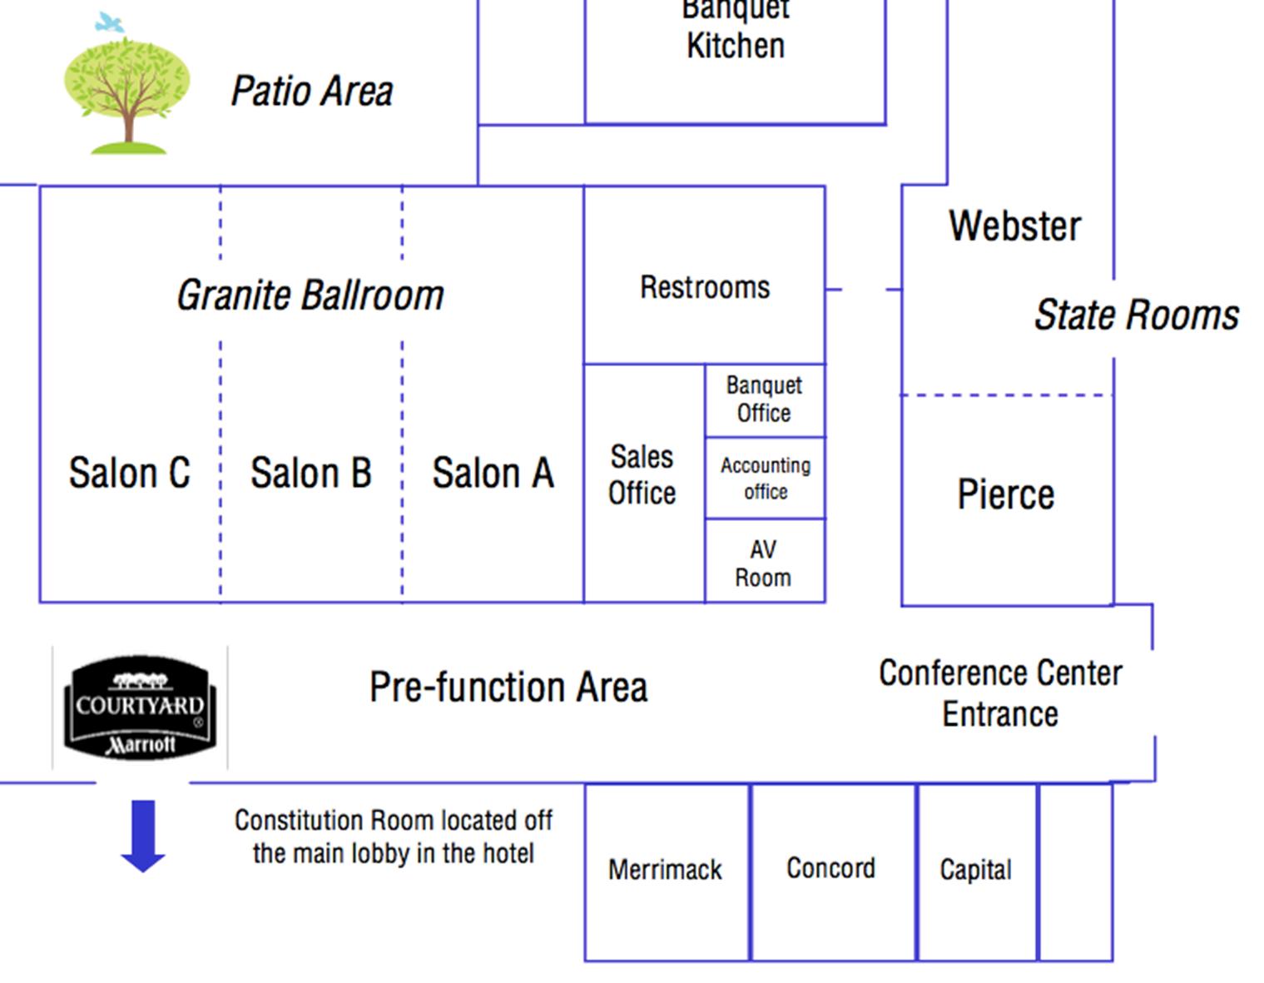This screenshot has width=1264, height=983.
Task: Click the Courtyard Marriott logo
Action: tap(140, 707)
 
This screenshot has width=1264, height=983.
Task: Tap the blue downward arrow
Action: tap(143, 835)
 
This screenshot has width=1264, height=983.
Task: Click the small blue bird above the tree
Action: tap(109, 22)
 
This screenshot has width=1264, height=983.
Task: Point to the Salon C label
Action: tap(129, 473)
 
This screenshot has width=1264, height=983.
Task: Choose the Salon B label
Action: tap(311, 473)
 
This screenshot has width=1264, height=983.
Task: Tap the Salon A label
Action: tap(493, 473)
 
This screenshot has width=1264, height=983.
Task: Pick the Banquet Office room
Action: tap(764, 400)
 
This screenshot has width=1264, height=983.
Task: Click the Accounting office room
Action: tap(765, 478)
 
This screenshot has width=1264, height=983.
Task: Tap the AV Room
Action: tap(763, 563)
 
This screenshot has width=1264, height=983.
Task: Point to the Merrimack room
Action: tap(666, 871)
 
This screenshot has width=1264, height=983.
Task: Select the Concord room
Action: tap(831, 869)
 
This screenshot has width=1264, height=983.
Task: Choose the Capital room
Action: tap(976, 870)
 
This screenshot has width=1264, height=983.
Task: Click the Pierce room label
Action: tap(1006, 494)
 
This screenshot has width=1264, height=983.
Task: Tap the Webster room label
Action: tap(1014, 226)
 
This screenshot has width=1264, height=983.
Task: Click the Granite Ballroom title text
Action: tap(310, 295)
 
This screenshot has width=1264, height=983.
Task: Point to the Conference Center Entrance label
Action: tap(1000, 693)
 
